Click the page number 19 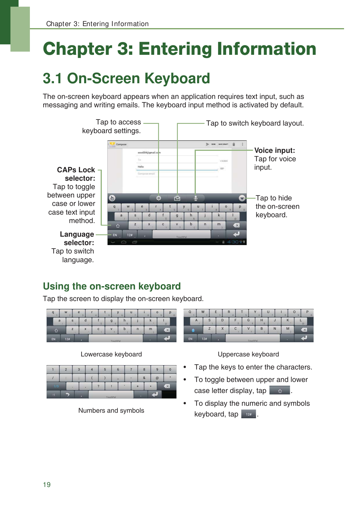tap(47, 485)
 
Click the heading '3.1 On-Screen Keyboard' tap(126, 78)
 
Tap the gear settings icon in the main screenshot tap(159, 198)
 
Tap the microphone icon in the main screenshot tap(196, 198)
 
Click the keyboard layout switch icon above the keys tap(177, 198)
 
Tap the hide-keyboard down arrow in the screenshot tap(242, 198)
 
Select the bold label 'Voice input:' tap(274, 150)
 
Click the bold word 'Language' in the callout tap(77, 234)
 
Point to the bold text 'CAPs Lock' tap(76, 170)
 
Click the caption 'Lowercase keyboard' tap(111, 354)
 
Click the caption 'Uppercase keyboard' tap(248, 354)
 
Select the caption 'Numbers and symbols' tap(111, 410)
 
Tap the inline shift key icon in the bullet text tap(280, 391)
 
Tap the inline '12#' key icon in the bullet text tap(249, 414)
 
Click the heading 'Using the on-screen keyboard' tap(112, 286)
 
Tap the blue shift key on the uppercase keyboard tap(193, 330)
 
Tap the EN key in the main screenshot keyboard tap(115, 235)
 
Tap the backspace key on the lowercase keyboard tap(167, 330)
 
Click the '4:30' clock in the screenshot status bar tap(233, 242)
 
